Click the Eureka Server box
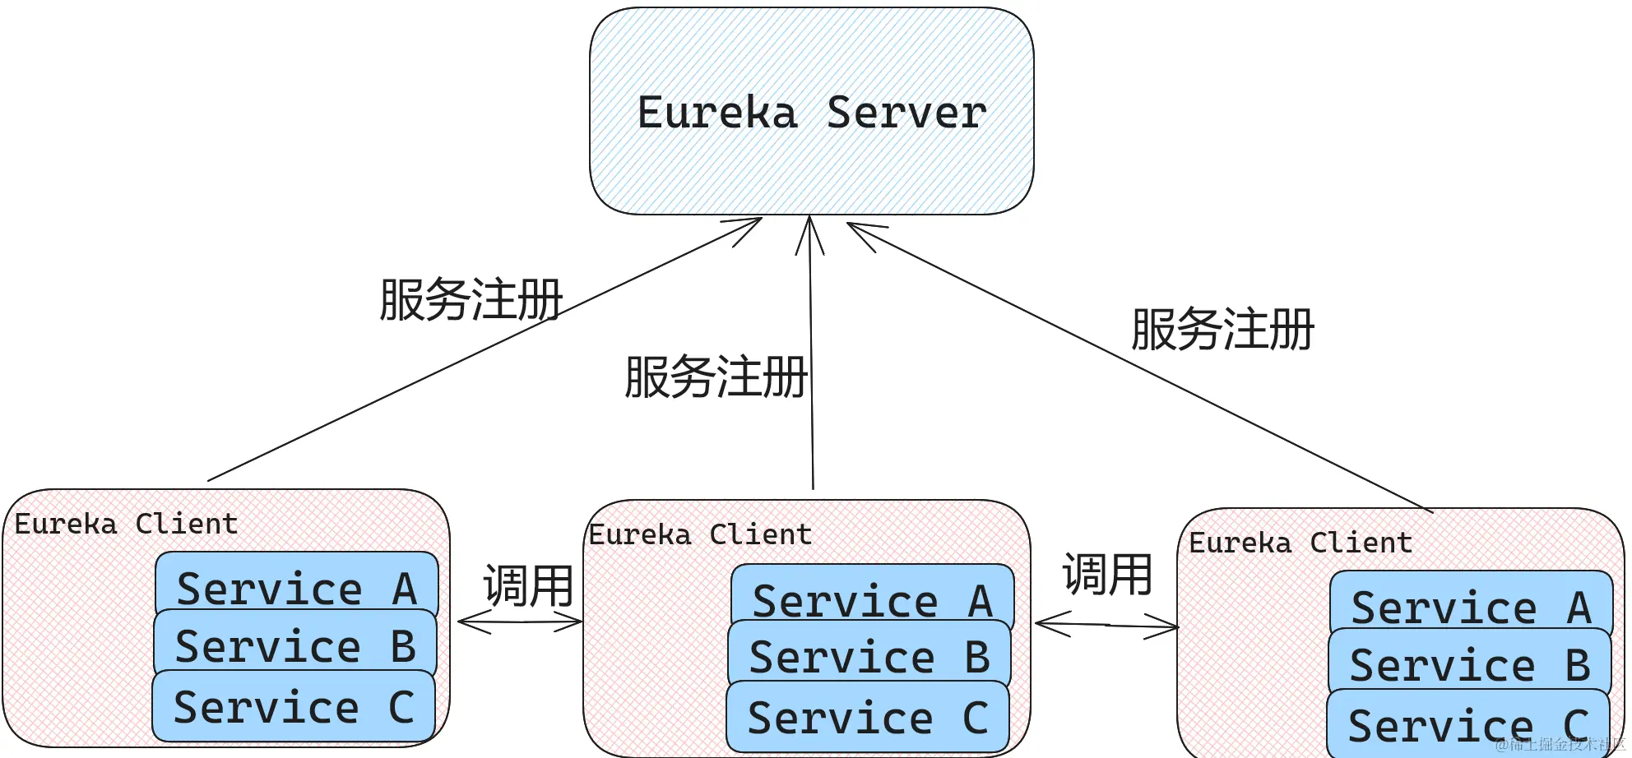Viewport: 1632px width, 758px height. (811, 112)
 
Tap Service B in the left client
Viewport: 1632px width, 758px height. (294, 645)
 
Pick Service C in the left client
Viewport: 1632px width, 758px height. (293, 706)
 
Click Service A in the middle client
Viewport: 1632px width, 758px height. (872, 599)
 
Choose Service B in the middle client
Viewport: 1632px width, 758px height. (869, 656)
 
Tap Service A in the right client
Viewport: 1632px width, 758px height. (1471, 605)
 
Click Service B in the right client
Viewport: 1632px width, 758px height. (1469, 663)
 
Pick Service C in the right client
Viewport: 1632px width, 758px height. (1467, 724)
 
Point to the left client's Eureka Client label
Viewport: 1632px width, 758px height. (126, 524)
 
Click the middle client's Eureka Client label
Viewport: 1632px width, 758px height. (700, 534)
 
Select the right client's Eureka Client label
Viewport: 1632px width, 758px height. (1300, 543)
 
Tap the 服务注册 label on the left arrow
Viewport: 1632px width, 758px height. (471, 299)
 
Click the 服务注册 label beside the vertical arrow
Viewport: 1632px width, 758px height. (716, 377)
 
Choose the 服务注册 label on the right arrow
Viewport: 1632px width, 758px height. (1222, 329)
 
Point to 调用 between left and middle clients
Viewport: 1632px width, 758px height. (528, 585)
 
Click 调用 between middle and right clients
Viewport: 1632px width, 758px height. (1107, 574)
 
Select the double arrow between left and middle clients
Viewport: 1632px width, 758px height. (520, 622)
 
